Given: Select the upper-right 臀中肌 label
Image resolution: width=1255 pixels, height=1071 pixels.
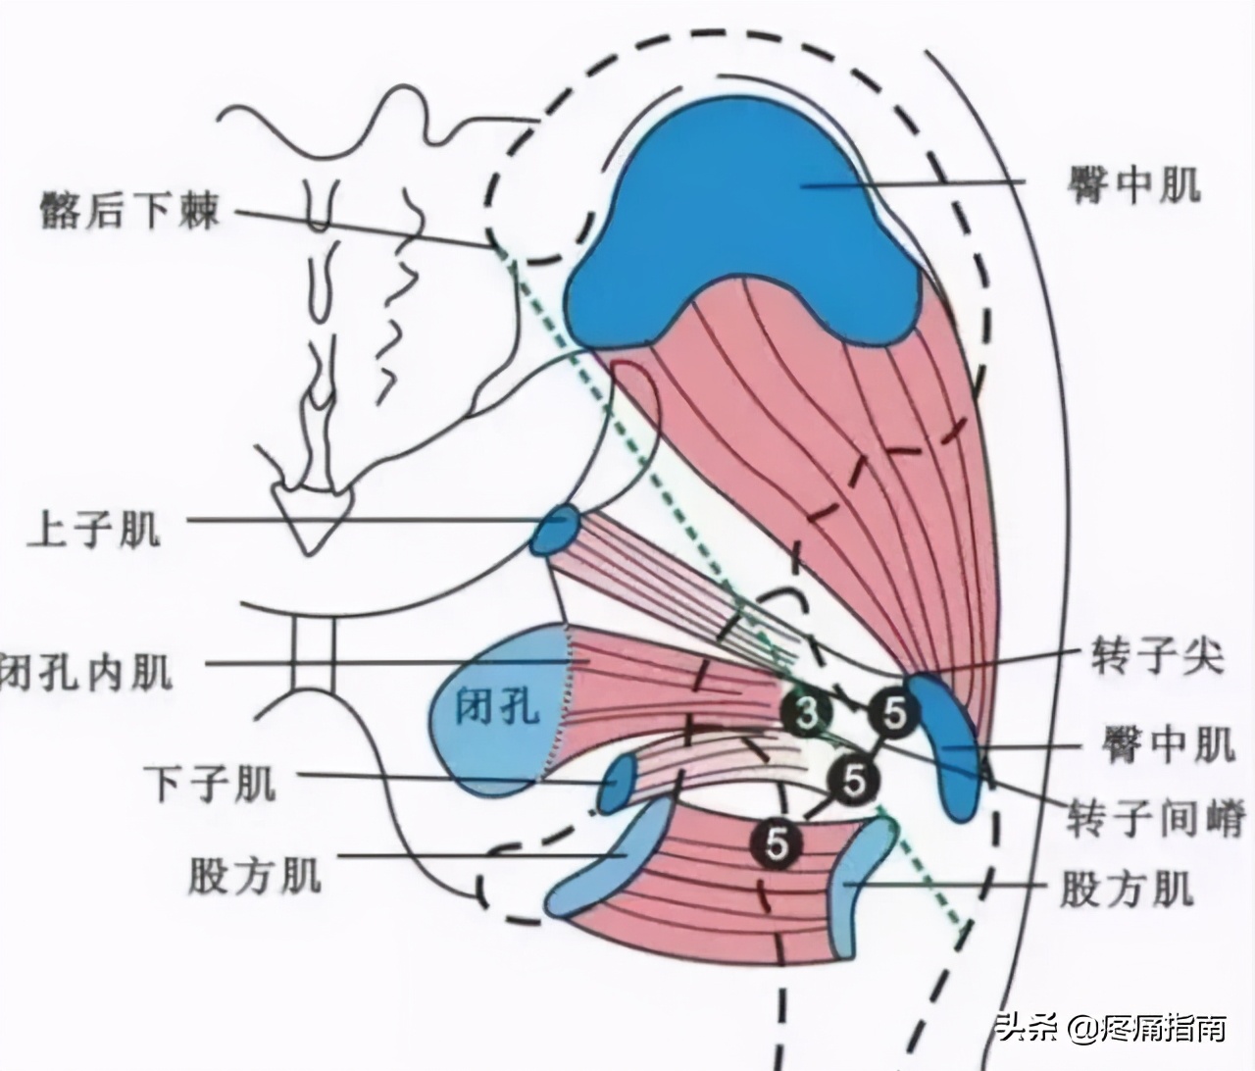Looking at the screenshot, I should (1134, 183).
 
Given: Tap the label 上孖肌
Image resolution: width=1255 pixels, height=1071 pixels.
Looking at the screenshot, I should (94, 530).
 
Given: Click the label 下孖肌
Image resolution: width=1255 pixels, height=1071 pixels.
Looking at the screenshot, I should (210, 783).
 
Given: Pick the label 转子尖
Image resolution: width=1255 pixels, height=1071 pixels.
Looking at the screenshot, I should (1158, 656).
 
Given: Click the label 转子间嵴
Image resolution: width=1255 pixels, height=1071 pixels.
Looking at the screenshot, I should (1157, 817).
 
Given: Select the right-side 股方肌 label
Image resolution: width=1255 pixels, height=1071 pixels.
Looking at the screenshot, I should (1128, 890).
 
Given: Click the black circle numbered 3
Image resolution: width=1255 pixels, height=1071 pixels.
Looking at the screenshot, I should (805, 714).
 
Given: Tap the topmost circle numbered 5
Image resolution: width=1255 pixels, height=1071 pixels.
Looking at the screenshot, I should (893, 714).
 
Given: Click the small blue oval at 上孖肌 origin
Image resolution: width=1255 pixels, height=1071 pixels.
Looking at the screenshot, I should (556, 531).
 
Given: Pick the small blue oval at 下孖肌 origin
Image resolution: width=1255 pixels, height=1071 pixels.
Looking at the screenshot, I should (618, 783).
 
